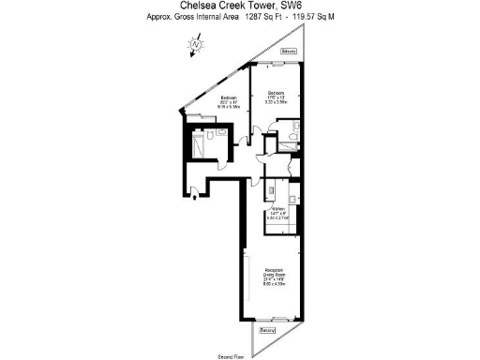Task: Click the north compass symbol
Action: tap(195, 43)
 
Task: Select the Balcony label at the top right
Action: tap(290, 51)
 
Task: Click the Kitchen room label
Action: tap(277, 209)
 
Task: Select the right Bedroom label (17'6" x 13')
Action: tap(276, 93)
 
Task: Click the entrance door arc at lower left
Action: tap(194, 192)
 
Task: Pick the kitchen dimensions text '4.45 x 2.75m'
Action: tap(277, 219)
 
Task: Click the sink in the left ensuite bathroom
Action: tap(223, 134)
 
